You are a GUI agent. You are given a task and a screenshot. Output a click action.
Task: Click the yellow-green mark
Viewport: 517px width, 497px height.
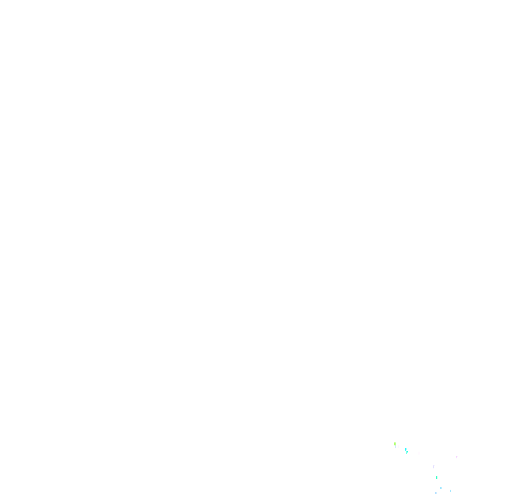tap(395, 444)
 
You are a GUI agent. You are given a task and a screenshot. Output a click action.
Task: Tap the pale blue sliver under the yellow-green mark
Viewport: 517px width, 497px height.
tap(395, 447)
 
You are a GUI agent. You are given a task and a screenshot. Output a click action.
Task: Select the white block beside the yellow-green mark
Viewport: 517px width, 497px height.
tap(399, 447)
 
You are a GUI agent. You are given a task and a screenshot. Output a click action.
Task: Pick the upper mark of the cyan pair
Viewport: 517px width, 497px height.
tap(406, 450)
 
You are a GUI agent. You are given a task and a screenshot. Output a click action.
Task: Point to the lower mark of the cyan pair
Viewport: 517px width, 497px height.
tap(407, 452)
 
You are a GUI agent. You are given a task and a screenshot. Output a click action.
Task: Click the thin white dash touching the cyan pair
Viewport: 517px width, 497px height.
tap(409, 450)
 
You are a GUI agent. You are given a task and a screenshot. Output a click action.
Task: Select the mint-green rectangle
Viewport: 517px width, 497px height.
tap(437, 478)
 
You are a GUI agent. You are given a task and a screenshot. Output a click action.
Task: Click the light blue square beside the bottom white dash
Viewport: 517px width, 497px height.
tap(441, 488)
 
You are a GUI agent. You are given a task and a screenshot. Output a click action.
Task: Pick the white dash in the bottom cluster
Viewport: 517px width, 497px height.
tap(447, 488)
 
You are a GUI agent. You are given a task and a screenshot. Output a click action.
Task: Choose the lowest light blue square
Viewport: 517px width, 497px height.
tap(436, 493)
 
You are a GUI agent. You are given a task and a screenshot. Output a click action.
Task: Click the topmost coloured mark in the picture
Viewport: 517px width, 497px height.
tap(395, 444)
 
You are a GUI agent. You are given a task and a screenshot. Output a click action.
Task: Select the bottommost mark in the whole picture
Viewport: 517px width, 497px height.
tap(436, 493)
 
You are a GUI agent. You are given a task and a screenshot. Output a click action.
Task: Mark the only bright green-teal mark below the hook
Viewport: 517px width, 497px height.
tap(437, 478)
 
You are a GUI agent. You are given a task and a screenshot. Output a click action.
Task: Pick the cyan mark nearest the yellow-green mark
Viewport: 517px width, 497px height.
tap(406, 450)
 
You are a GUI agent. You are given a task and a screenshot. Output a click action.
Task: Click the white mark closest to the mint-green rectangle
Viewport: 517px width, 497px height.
tap(447, 488)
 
